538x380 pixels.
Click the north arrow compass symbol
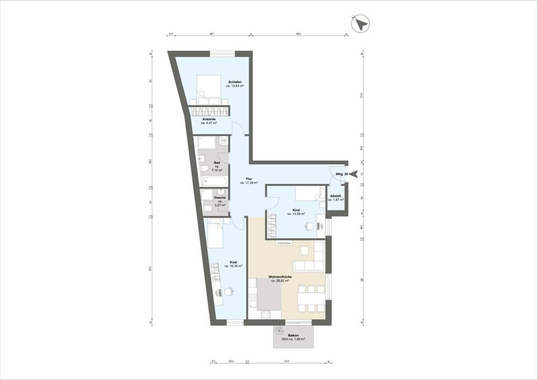(360, 24)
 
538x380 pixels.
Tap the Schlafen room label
(235, 82)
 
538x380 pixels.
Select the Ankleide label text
(209, 119)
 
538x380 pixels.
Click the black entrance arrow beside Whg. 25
(354, 173)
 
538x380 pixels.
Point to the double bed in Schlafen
(209, 88)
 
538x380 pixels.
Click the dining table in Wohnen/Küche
(311, 298)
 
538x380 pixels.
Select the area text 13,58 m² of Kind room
(296, 214)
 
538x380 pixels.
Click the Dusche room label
(220, 198)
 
